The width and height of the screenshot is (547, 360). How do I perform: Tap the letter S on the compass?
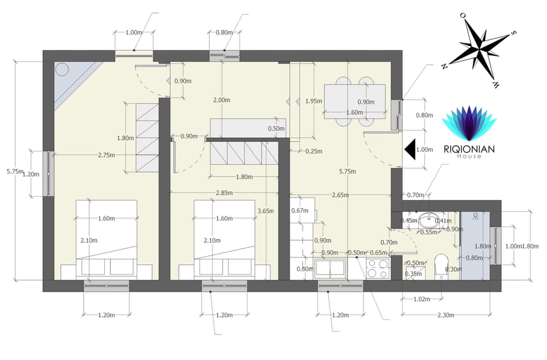513,33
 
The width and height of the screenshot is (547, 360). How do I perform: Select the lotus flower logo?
469,123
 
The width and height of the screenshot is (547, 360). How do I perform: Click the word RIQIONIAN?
469,149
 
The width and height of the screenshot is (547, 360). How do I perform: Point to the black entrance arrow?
412,149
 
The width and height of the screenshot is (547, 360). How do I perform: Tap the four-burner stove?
378,269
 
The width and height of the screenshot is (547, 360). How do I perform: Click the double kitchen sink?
331,269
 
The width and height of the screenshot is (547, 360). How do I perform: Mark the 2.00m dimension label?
221,100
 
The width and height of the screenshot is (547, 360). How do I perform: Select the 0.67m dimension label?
300,211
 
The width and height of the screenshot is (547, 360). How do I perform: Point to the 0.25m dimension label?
313,152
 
